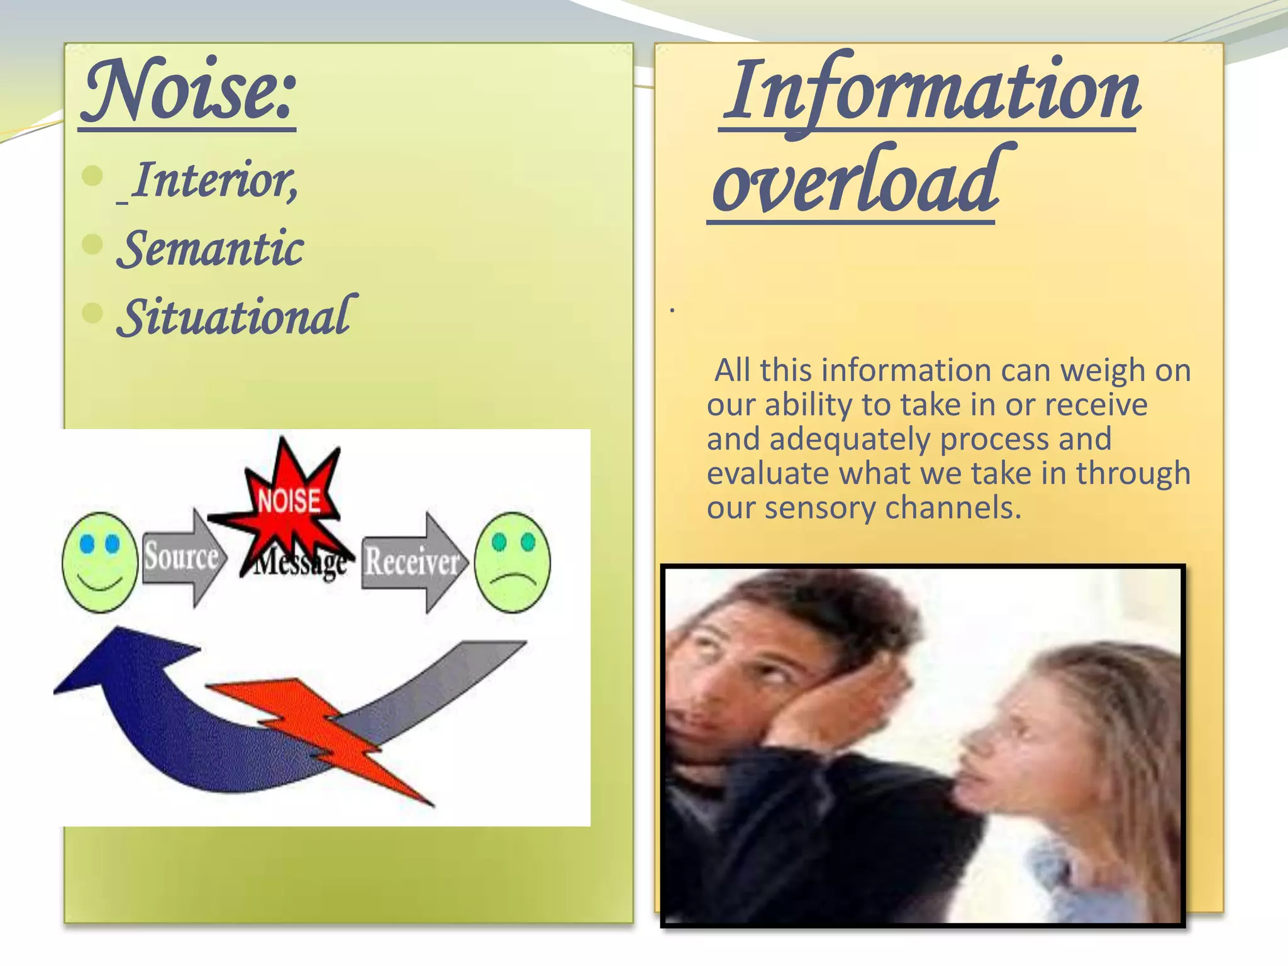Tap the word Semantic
[x=211, y=249]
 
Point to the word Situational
[x=236, y=317]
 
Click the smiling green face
[x=100, y=562]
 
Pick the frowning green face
[x=513, y=562]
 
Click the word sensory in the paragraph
[x=820, y=508]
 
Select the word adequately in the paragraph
[x=849, y=440]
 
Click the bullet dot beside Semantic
[x=92, y=244]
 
